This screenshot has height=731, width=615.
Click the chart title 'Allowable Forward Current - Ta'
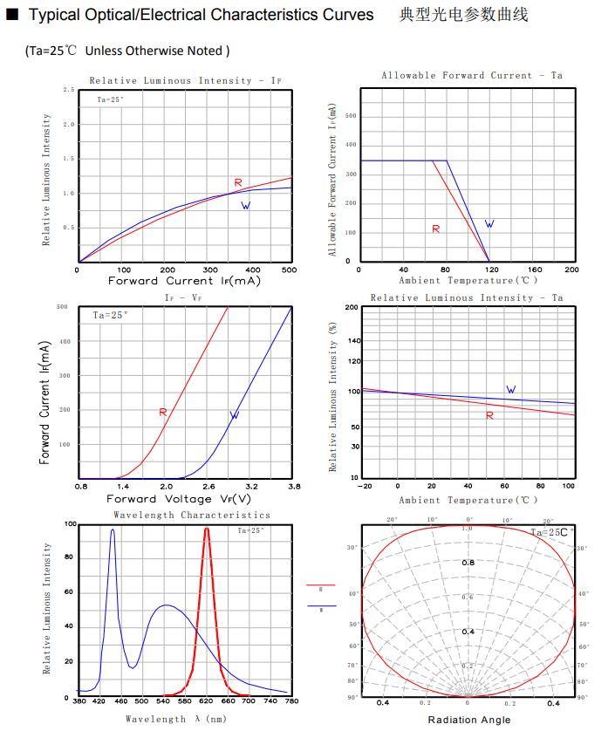pyautogui.click(x=471, y=76)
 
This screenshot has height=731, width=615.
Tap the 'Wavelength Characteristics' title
pyautogui.click(x=192, y=516)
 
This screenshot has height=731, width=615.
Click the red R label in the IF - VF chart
pyautogui.click(x=162, y=412)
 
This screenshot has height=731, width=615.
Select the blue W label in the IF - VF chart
pyautogui.click(x=234, y=415)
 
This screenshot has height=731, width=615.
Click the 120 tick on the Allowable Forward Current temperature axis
pyautogui.click(x=489, y=270)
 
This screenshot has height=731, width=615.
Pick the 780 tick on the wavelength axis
pyautogui.click(x=291, y=701)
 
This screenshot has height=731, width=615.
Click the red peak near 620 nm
pyautogui.click(x=207, y=529)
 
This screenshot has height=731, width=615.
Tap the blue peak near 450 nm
pyautogui.click(x=113, y=530)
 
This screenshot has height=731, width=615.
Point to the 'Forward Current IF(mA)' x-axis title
pyautogui.click(x=184, y=281)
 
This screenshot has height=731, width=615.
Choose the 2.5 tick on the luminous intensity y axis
pyautogui.click(x=68, y=90)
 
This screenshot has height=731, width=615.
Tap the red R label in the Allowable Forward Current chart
pyautogui.click(x=435, y=229)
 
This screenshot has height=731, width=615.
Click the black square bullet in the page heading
pyautogui.click(x=12, y=15)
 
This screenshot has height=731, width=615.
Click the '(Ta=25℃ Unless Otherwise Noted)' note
pyautogui.click(x=127, y=51)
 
